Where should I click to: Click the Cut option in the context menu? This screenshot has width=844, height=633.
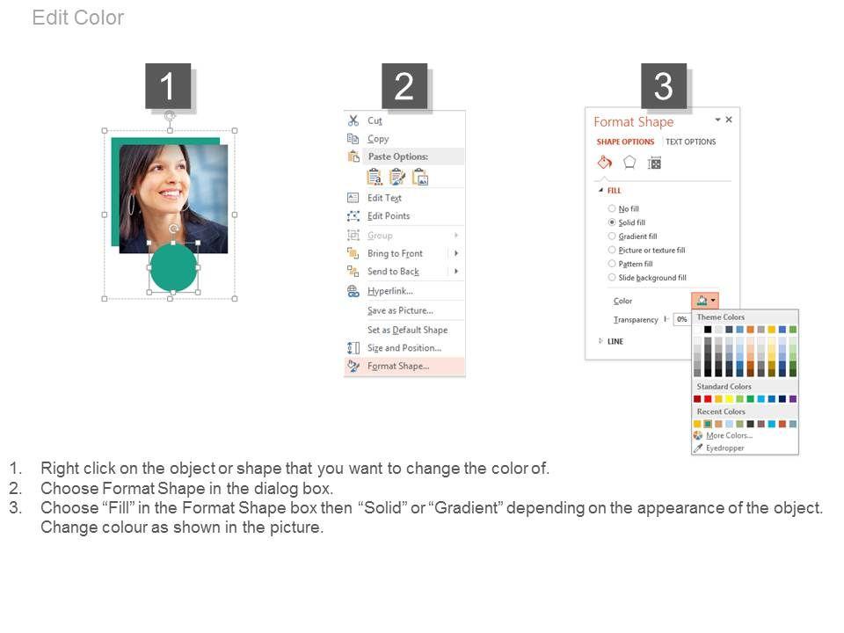375,120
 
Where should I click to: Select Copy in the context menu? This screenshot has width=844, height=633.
378,139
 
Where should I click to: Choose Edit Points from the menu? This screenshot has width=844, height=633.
388,216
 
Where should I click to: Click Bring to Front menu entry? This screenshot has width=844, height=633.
395,253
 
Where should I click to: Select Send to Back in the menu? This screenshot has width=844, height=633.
393,272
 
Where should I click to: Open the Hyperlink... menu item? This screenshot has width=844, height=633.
389,291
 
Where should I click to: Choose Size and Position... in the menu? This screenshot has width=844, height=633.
404,348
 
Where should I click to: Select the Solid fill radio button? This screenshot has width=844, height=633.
612,222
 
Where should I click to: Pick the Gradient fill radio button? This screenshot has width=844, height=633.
612,236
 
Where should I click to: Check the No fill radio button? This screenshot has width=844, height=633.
612,208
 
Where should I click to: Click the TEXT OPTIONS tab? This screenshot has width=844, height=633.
691,142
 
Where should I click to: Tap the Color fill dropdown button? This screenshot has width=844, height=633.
705,301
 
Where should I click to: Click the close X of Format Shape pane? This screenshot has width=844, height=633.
729,120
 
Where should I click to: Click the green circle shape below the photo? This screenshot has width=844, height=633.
173,267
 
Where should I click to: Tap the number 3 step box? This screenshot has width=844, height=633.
663,86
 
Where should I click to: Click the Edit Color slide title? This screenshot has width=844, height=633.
78,18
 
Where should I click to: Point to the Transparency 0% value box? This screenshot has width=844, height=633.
682,319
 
